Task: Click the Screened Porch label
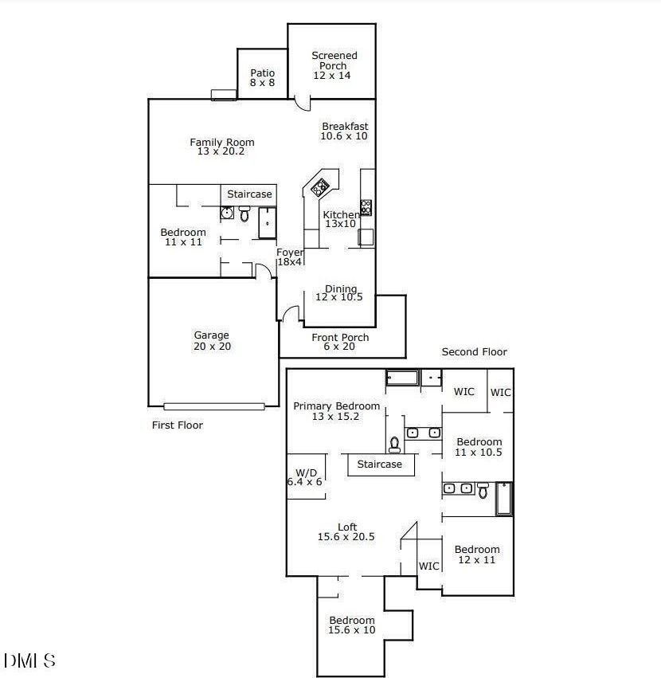click(334, 65)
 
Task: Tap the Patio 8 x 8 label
click(262, 77)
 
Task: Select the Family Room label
click(222, 147)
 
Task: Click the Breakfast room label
click(345, 131)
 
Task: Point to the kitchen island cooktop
click(320, 188)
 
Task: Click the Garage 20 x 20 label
click(211, 340)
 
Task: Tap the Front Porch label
click(340, 342)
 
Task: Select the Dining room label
click(340, 293)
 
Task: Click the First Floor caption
click(178, 425)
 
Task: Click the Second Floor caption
click(475, 352)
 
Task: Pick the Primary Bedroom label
click(336, 411)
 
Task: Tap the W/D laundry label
click(304, 476)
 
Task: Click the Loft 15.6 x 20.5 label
click(346, 531)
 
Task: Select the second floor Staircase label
click(380, 464)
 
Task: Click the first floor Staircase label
click(249, 194)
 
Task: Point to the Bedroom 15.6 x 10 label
click(352, 625)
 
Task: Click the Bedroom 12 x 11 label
click(477, 555)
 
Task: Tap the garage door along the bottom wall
click(213, 406)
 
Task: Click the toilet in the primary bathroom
click(394, 443)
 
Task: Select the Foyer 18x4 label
click(290, 257)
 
